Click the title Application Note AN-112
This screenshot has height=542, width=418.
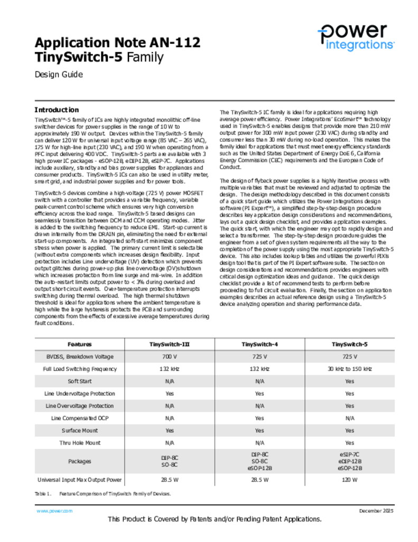(117, 42)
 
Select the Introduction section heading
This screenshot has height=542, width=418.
(57, 110)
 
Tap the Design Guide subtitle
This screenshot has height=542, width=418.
(59, 75)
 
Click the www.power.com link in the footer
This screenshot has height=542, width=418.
(54, 511)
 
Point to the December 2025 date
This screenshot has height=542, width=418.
(376, 511)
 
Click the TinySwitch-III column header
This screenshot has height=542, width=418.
(170, 345)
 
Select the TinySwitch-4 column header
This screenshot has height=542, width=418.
(259, 345)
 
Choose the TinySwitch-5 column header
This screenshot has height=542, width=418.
(349, 345)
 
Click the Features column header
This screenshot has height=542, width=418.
(80, 345)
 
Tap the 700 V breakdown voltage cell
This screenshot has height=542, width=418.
(170, 357)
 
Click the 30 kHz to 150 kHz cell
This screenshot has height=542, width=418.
(349, 369)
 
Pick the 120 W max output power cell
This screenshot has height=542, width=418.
(349, 480)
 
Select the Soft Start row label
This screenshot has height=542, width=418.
(80, 381)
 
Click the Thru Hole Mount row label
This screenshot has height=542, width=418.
(80, 442)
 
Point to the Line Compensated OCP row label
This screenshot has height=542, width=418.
(80, 418)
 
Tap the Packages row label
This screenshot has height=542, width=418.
(80, 461)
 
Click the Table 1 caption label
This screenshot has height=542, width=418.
(43, 493)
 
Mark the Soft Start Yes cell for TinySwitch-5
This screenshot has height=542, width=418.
(349, 381)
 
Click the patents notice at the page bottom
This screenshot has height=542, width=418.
(215, 519)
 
